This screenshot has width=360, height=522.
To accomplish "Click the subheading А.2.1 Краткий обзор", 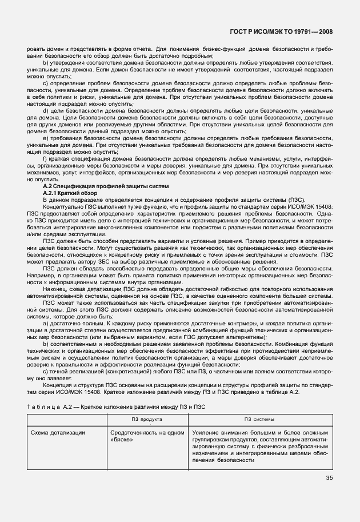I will tap(70, 193).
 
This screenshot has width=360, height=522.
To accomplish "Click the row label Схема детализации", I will tap(59, 433).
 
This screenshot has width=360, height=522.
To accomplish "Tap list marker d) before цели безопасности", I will tap(46, 110).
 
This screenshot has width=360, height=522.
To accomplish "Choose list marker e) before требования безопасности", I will tap(46, 139).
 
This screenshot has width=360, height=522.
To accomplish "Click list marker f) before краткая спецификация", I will tap(45, 158).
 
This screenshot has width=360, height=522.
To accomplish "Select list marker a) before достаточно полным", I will tap(46, 324).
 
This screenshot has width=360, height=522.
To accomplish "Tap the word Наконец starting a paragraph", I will tap(55, 289).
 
